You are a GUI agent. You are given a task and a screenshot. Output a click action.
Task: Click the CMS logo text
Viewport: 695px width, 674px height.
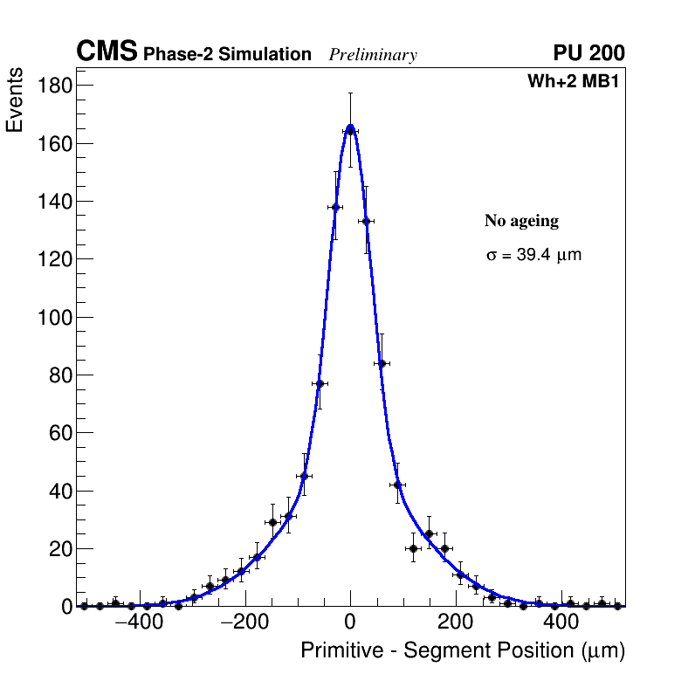107,52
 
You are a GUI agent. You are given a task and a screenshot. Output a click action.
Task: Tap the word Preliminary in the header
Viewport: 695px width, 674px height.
373,55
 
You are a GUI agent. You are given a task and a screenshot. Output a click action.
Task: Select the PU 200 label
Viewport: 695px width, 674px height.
588,53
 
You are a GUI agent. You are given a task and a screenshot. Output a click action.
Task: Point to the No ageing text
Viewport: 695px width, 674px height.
521,222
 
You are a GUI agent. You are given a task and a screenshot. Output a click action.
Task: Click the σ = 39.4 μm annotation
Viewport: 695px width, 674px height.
533,256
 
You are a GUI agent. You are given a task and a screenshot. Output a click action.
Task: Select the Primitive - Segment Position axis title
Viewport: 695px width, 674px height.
463,651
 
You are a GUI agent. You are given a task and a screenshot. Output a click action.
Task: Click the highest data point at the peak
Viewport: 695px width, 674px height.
350,129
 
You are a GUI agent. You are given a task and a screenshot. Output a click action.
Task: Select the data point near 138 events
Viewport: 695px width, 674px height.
334,207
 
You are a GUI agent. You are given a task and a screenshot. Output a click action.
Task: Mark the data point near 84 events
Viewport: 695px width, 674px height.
382,363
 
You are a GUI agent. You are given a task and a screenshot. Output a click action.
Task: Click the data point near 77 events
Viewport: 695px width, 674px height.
319,383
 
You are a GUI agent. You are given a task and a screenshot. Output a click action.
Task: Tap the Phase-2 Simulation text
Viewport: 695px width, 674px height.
227,55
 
